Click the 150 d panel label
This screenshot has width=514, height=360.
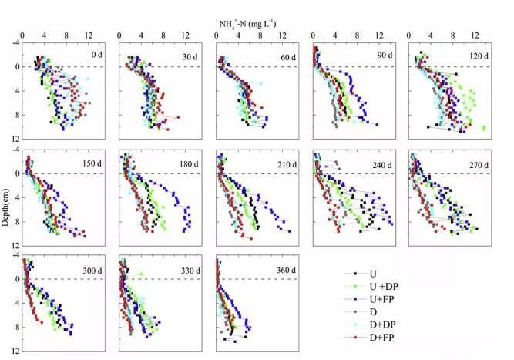point(93,163)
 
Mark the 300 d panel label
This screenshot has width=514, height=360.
point(93,268)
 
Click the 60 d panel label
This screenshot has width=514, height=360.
point(289,55)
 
